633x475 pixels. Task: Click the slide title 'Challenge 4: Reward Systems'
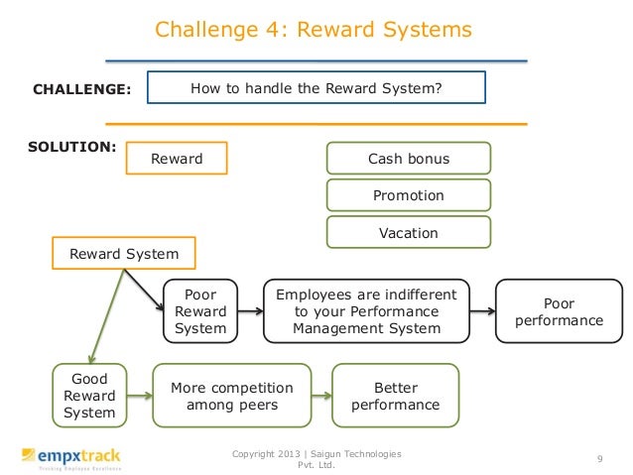coord(313,30)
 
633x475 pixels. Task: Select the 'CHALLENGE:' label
coord(82,89)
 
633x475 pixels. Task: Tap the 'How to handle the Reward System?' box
coord(316,88)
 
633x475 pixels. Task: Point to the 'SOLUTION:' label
coord(72,147)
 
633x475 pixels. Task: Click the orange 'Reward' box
coord(177,159)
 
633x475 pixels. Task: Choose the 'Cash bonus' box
coord(408,159)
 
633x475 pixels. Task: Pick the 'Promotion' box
coord(408,195)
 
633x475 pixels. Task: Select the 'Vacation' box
coord(408,233)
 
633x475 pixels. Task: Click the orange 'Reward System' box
coord(124,254)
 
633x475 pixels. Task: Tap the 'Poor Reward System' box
coord(200,311)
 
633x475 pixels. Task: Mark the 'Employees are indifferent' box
coord(366,311)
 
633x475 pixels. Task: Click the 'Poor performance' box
coord(560,311)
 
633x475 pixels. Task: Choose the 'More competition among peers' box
coord(232,397)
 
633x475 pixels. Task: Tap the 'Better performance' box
coord(395,397)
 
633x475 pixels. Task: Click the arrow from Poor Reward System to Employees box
coord(250,311)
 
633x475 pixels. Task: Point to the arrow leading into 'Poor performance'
coord(484,311)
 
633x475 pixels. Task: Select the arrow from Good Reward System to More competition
coord(139,397)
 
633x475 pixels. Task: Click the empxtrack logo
coord(70,457)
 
